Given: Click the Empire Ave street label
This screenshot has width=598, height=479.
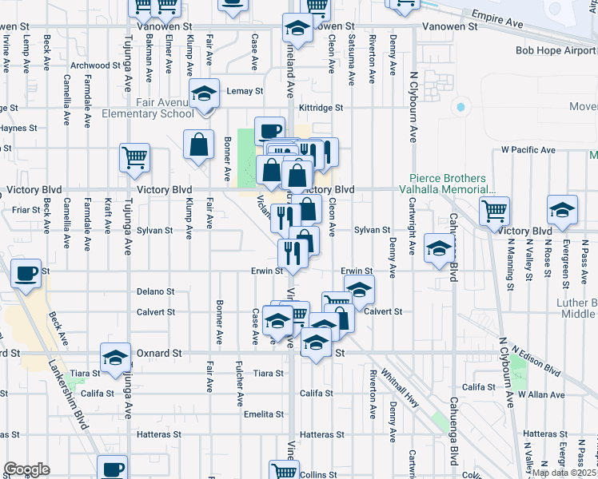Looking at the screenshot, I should pyautogui.click(x=497, y=20).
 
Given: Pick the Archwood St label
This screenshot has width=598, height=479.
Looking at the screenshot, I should pyautogui.click(x=90, y=65).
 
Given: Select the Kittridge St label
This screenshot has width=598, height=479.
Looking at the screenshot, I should pyautogui.click(x=321, y=107).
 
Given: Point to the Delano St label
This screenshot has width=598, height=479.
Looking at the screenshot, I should pyautogui.click(x=154, y=291).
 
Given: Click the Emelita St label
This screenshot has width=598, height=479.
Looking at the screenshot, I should pyautogui.click(x=264, y=414).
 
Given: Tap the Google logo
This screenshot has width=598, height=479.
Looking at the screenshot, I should pyautogui.click(x=26, y=470).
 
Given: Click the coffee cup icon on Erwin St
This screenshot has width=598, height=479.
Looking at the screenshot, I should pyautogui.click(x=26, y=273).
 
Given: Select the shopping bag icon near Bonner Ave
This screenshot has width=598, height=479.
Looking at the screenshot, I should pyautogui.click(x=198, y=145).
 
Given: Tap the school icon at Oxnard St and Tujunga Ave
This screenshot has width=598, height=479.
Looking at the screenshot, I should pyautogui.click(x=115, y=356).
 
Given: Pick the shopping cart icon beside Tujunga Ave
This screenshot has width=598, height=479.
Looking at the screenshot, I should pyautogui.click(x=134, y=156).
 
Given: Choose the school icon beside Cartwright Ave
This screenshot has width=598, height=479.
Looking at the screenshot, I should pyautogui.click(x=439, y=247).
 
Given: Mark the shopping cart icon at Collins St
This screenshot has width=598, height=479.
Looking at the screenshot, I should pyautogui.click(x=283, y=471).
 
